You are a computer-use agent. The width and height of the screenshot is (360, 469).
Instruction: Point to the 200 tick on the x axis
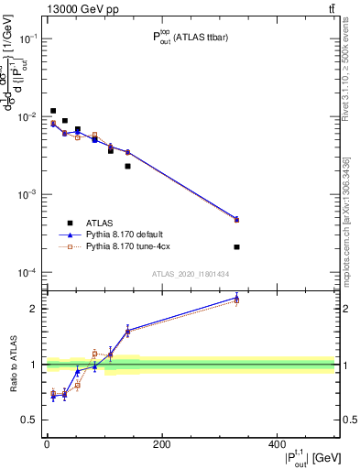pyautogui.click(x=161, y=445)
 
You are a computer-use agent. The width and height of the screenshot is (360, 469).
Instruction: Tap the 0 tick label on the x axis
pyautogui.click(x=47, y=445)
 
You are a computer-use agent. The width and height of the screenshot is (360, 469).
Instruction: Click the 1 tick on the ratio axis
pyautogui.click(x=34, y=365)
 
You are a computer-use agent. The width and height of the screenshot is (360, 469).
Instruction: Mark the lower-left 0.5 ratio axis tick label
pyautogui.click(x=30, y=420)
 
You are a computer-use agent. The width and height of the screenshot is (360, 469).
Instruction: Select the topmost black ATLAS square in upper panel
pyautogui.click(x=53, y=111)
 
